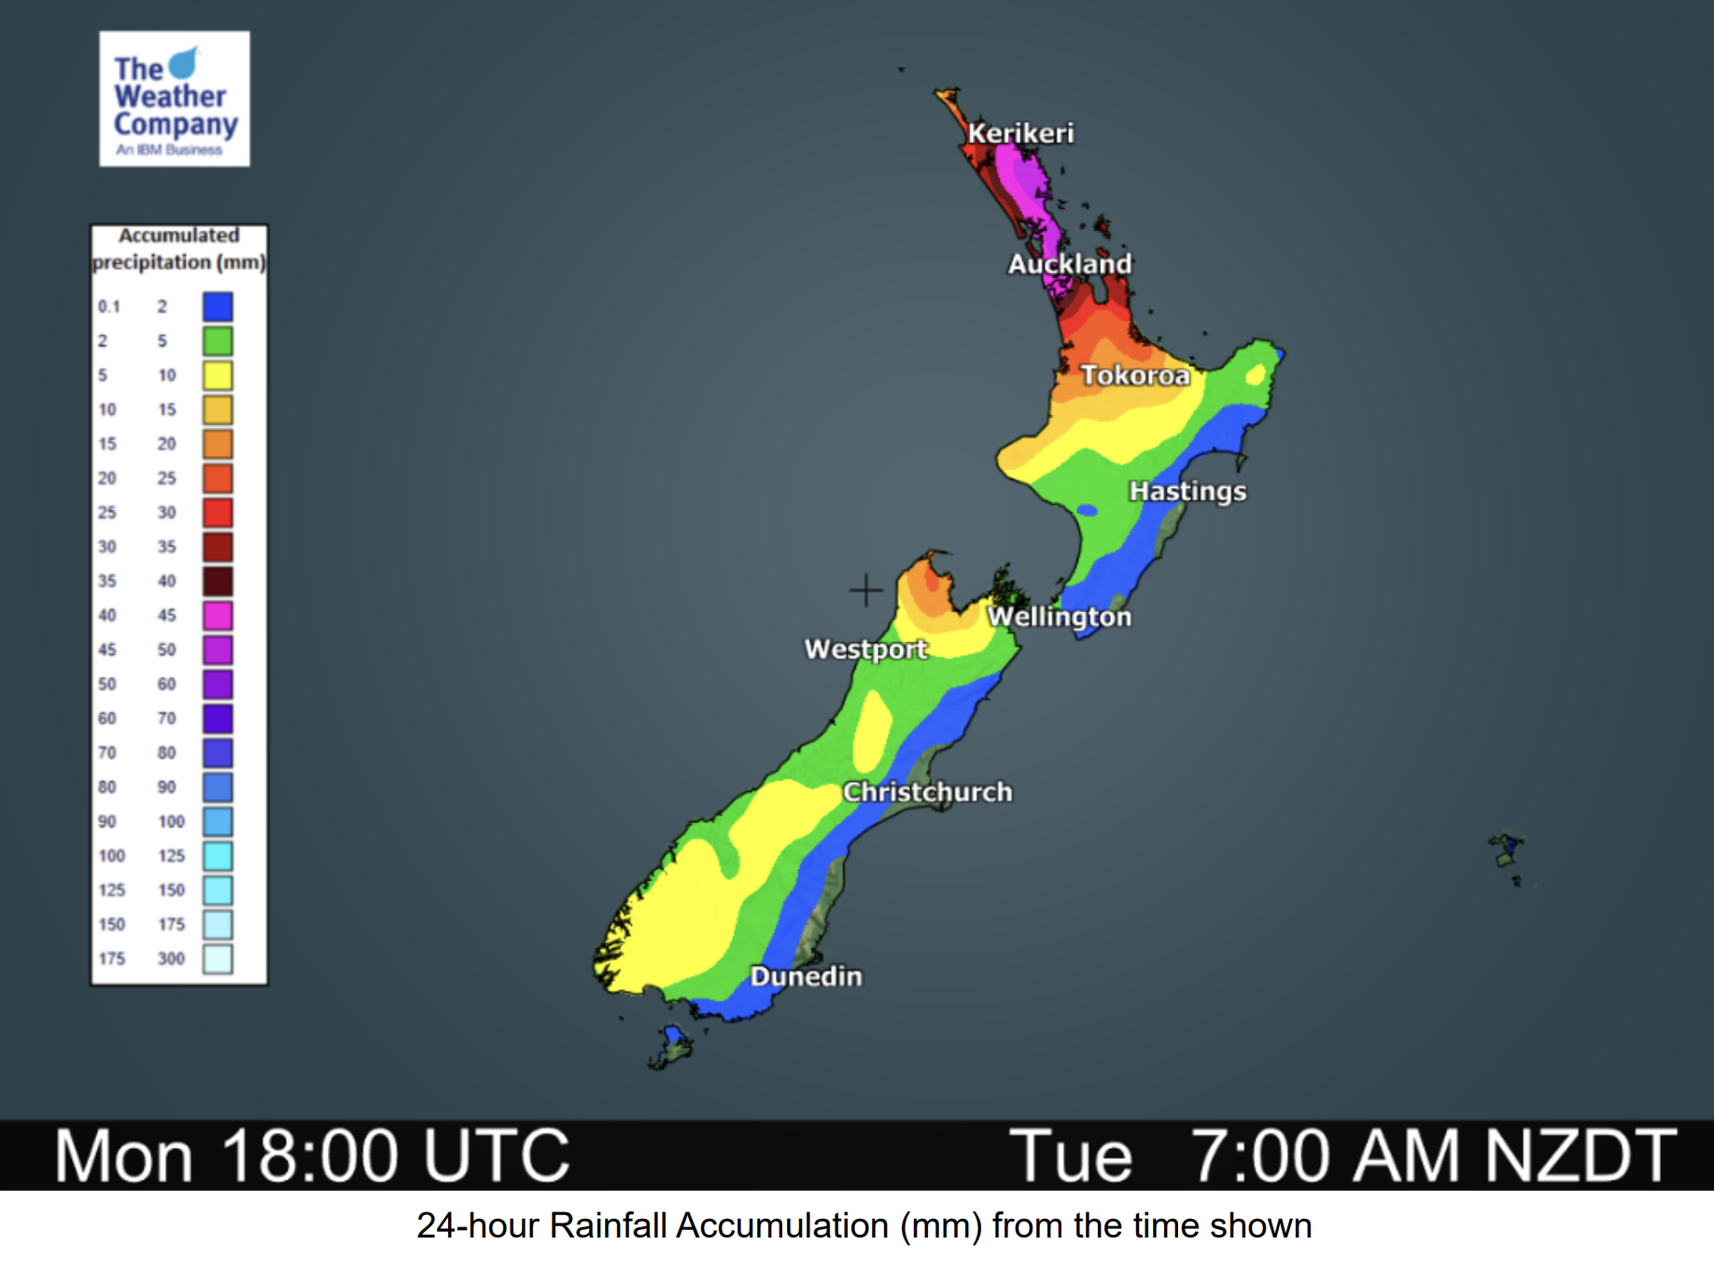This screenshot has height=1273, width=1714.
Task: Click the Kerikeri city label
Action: pos(1020,133)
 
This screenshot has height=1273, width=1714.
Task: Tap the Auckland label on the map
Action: pos(1069,264)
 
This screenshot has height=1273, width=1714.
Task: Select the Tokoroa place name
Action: pos(1135,375)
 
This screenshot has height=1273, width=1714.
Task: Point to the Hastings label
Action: pos(1187,491)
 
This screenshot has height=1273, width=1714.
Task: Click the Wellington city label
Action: pos(1060,617)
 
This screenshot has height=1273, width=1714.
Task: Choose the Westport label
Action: pos(865,649)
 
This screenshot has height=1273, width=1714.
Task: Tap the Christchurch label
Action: pos(927,792)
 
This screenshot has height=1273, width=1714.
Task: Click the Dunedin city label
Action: pos(806,976)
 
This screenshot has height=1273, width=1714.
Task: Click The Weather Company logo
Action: pos(175,99)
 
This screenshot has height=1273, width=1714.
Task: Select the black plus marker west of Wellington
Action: pos(865,590)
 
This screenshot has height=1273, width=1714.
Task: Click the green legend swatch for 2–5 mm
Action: pos(218,341)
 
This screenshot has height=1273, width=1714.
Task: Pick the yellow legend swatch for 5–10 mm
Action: pos(218,375)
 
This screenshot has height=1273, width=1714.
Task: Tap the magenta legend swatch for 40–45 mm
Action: pos(218,615)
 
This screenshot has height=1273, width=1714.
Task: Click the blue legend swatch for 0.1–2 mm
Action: pos(218,306)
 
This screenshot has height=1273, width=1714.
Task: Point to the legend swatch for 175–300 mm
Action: pos(218,958)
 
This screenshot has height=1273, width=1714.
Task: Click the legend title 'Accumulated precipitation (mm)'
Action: pos(178,248)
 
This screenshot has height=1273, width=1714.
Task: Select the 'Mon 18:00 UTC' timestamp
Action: pos(312,1155)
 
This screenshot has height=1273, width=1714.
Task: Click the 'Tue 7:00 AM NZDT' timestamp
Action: pos(1342,1155)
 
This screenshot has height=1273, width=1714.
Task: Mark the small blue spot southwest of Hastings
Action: pos(1087,511)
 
